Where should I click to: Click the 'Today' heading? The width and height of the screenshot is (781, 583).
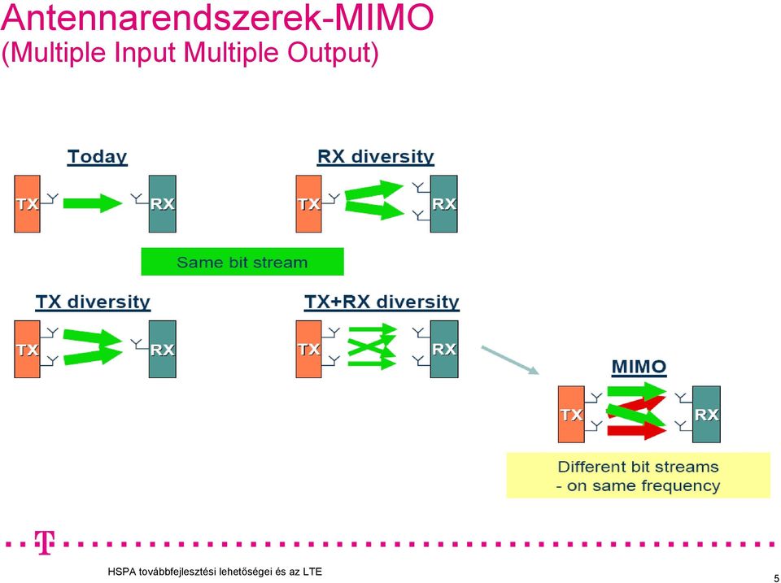tap(98, 157)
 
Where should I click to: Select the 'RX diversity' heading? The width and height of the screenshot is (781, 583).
tap(376, 157)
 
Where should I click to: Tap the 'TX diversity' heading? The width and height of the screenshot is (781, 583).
tap(93, 302)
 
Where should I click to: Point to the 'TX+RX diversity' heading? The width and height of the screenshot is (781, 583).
tap(382, 302)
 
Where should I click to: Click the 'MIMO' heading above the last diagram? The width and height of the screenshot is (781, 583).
tap(639, 367)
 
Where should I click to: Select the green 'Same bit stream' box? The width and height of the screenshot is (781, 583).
tap(242, 261)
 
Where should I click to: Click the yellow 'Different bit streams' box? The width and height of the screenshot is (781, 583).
tap(638, 476)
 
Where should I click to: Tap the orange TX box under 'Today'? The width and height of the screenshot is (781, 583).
tap(27, 204)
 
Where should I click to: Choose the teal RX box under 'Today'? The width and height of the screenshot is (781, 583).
tap(163, 204)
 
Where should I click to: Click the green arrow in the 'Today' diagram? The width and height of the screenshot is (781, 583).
tap(93, 202)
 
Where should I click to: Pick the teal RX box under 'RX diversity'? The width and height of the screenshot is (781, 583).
tap(444, 204)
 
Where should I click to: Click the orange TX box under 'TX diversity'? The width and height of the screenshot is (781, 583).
tap(27, 349)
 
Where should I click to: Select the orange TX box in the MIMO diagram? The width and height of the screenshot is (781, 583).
tap(571, 414)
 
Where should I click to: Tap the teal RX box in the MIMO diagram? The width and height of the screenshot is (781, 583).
tap(706, 414)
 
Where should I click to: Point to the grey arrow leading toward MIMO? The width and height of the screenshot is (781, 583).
tap(510, 360)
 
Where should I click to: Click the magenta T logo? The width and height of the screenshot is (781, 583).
tap(44, 543)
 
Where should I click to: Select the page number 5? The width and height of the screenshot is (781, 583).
tap(776, 573)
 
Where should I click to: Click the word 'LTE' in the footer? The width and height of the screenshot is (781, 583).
tap(312, 572)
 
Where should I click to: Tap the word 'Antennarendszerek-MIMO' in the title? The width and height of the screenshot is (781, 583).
tap(218, 19)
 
